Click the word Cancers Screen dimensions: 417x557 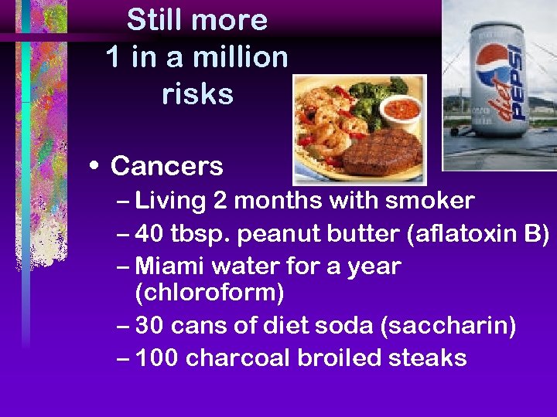166,166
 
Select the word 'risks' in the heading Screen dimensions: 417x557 197,94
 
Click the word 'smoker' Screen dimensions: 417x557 432,202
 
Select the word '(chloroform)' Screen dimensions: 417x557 210,293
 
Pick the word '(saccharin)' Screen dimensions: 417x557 448,326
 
